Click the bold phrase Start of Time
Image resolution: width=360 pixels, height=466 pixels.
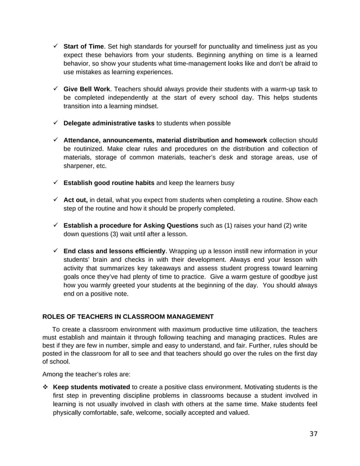pos(84,46)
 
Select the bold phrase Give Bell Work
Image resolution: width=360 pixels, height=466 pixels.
pos(86,89)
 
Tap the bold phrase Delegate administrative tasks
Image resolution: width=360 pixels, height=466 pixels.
pos(109,123)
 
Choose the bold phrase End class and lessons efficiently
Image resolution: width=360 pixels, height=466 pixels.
pos(115,251)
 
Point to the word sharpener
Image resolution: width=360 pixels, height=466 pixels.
pos(80,166)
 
